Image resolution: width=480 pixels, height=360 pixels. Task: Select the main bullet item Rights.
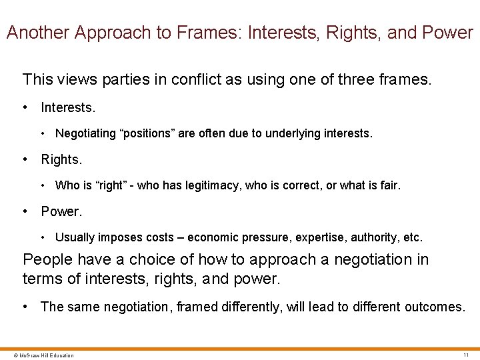point(61,159)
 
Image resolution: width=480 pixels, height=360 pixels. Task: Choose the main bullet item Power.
point(61,211)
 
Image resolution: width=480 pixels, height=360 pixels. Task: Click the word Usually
point(76,237)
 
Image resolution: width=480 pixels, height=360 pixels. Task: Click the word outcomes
point(433,307)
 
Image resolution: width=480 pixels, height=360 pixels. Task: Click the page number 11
point(465,355)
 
